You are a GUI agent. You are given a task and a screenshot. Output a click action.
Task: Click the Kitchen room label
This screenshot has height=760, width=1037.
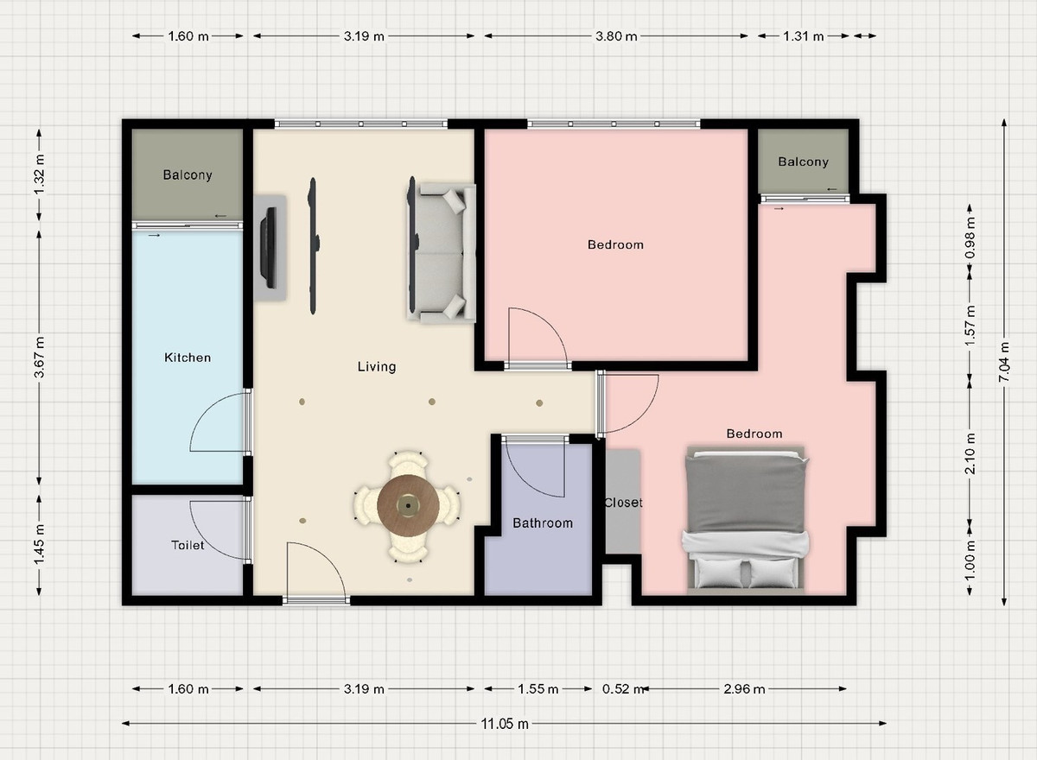coord(188,358)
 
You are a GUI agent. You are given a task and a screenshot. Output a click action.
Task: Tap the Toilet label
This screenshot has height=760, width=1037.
coord(188,545)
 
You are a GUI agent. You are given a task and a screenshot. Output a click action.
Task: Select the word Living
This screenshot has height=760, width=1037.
coord(377,367)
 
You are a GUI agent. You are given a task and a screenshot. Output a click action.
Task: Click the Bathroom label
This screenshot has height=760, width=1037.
coord(543,523)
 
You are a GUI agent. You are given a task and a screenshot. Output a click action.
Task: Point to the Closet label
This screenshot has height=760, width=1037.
coord(623,503)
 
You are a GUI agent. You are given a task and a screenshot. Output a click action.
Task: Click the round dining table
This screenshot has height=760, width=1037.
coord(408,505)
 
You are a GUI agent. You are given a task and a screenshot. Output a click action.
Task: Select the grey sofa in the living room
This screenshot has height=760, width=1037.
coord(442,252)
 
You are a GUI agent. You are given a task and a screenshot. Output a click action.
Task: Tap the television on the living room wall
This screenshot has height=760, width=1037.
coord(269,248)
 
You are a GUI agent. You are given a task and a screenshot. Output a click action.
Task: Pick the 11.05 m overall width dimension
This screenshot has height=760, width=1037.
coord(504,724)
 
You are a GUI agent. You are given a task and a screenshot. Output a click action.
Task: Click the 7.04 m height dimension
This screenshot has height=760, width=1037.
coord(1003,362)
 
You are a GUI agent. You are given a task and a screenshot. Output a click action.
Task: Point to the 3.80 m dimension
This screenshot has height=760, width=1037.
coord(615,36)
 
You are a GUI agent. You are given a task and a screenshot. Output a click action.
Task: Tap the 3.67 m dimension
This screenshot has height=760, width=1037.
coord(40,357)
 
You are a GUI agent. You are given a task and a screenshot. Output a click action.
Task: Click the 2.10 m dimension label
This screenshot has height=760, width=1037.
coord(970,453)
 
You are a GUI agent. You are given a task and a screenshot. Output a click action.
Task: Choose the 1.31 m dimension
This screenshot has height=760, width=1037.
coord(803,36)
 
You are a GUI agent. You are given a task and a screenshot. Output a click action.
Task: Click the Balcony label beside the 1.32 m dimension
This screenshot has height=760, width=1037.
coord(188,174)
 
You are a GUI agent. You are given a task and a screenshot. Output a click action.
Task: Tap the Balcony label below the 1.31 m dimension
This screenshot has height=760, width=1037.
coord(803,161)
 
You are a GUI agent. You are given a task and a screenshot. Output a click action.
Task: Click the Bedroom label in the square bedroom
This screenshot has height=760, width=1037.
coord(615,244)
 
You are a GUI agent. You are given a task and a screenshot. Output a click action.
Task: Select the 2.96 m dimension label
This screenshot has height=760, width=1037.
coord(744,689)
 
